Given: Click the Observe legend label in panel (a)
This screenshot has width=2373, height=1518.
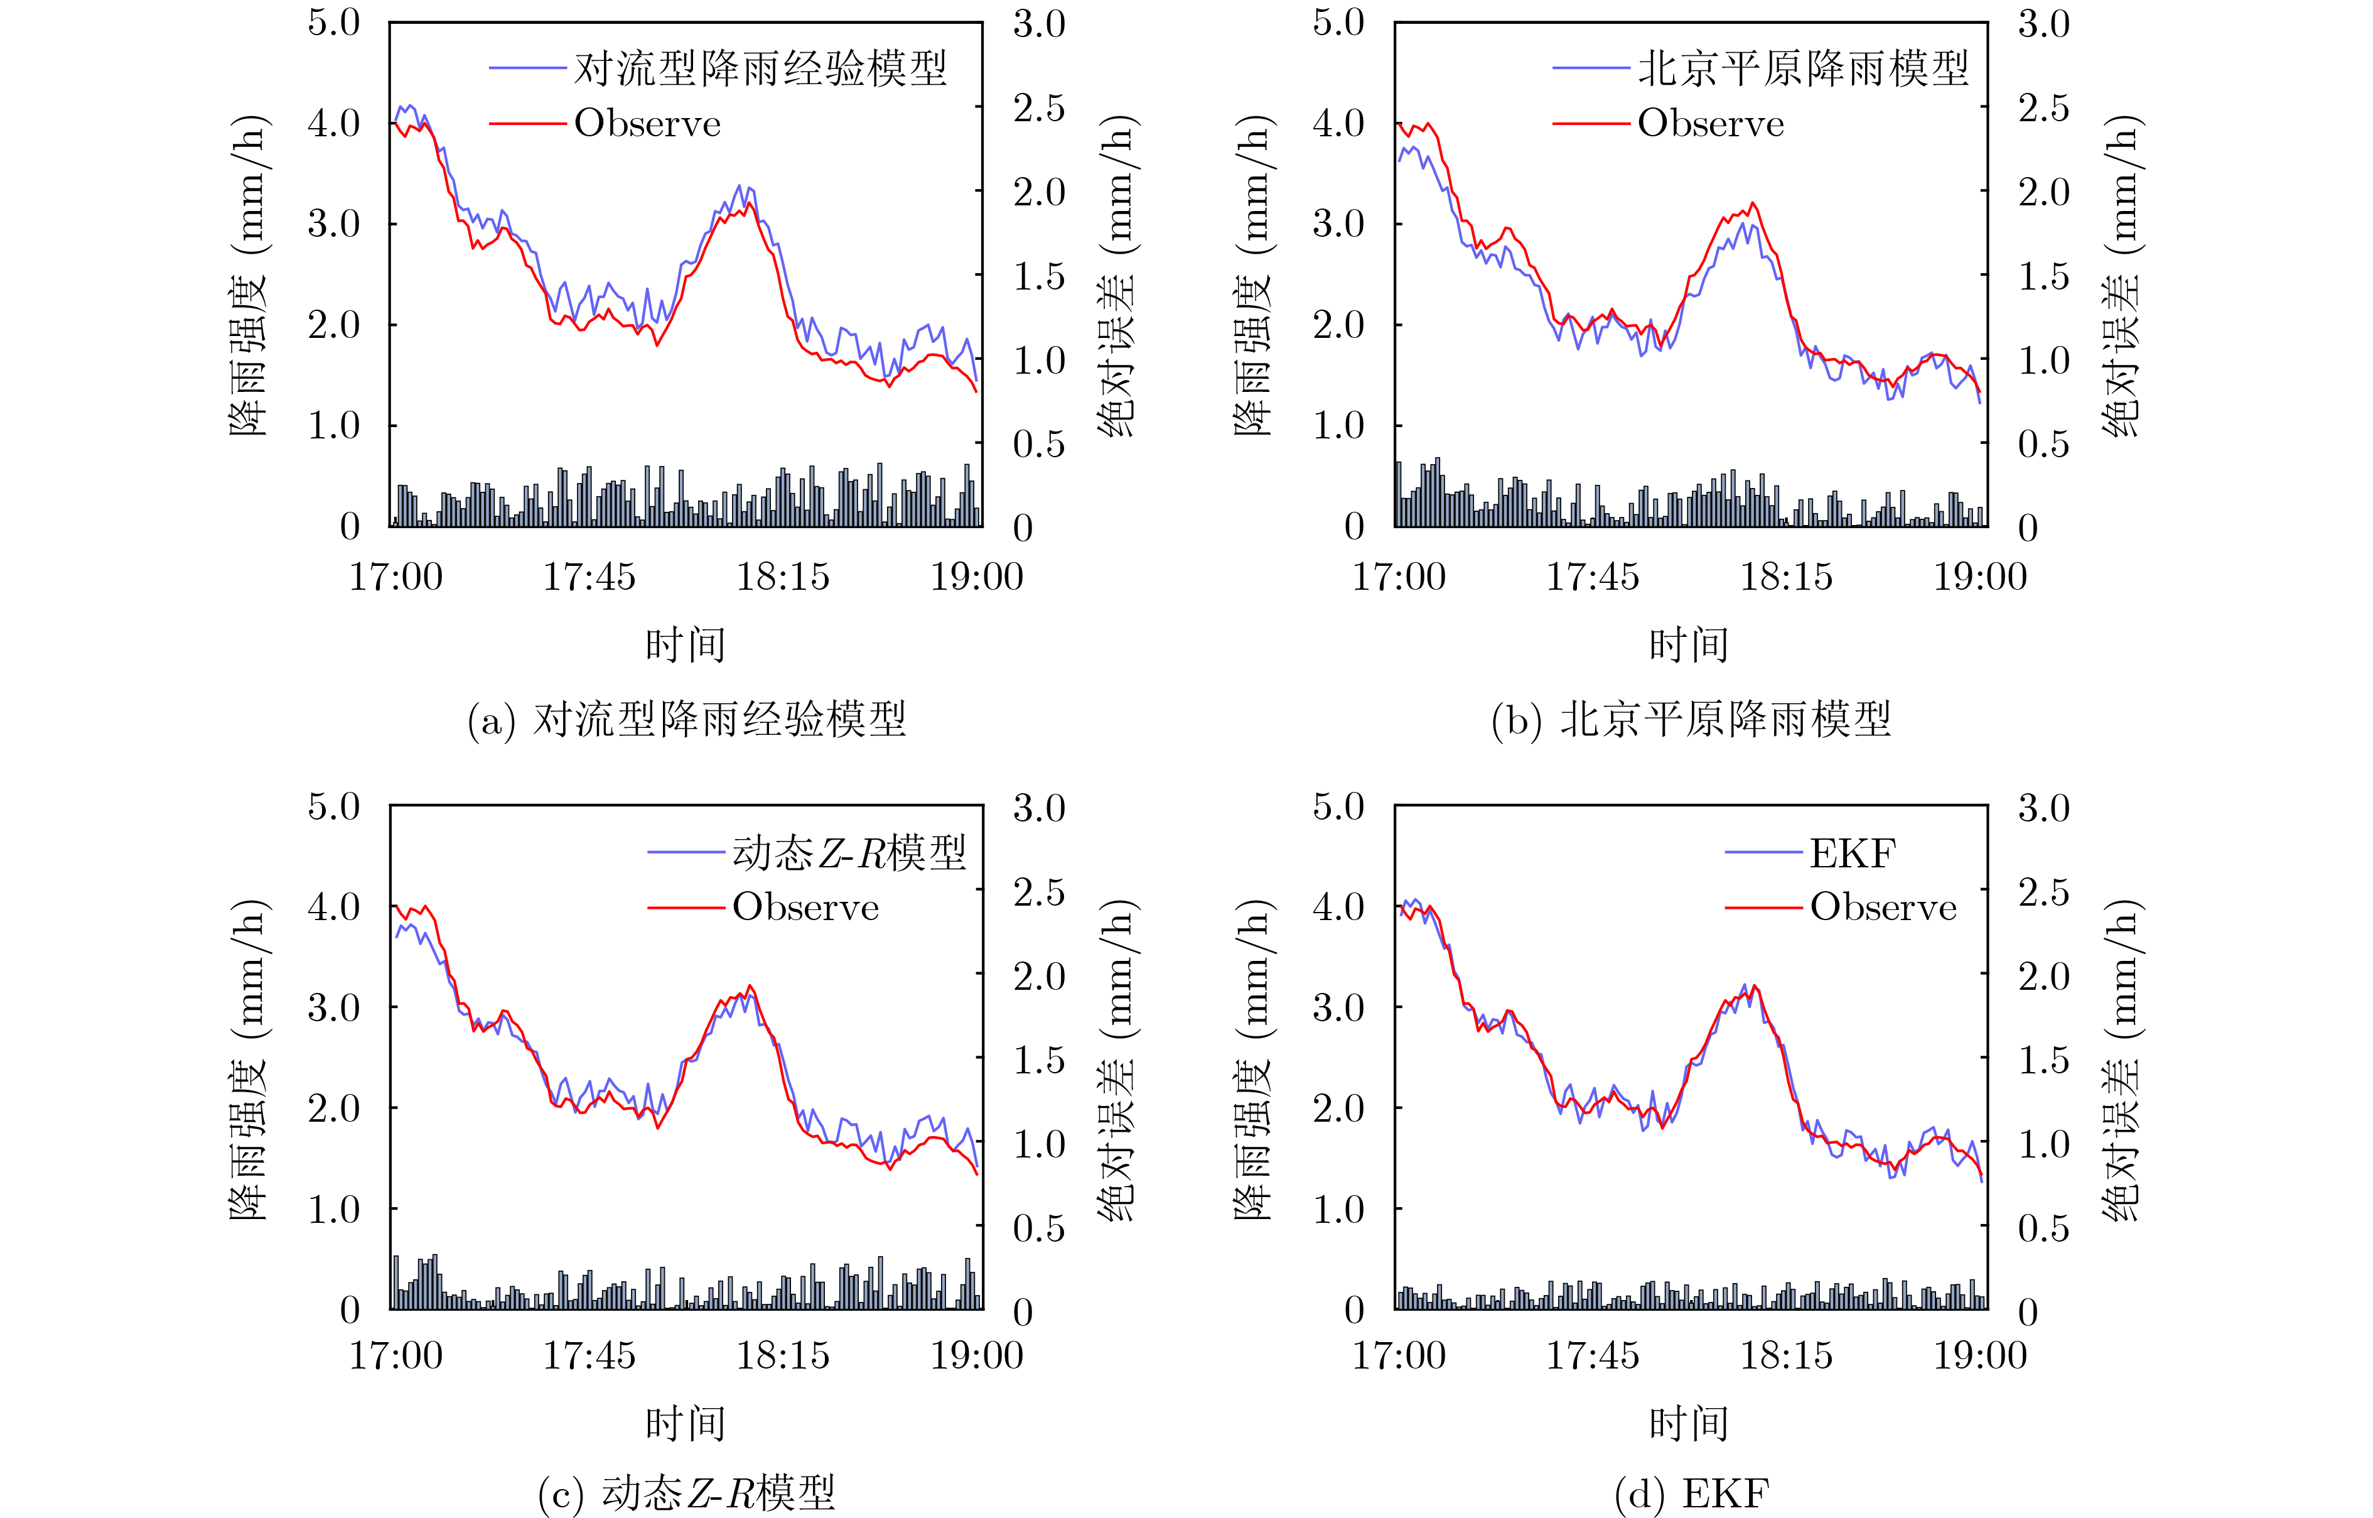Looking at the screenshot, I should (x=647, y=124).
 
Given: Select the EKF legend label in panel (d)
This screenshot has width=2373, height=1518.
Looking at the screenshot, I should (x=1852, y=854).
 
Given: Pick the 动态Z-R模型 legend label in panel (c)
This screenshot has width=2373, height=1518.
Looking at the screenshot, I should (x=849, y=854).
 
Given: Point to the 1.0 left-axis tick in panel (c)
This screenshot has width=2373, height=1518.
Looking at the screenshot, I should (x=334, y=1210).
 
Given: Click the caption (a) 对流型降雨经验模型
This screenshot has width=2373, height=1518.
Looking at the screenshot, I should (x=687, y=720).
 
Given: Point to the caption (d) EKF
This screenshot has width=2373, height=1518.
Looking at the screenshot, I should (x=1692, y=1494).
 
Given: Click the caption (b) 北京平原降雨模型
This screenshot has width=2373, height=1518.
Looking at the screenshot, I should (x=1691, y=720).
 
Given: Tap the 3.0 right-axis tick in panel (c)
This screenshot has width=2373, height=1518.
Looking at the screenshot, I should (x=1039, y=808).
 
